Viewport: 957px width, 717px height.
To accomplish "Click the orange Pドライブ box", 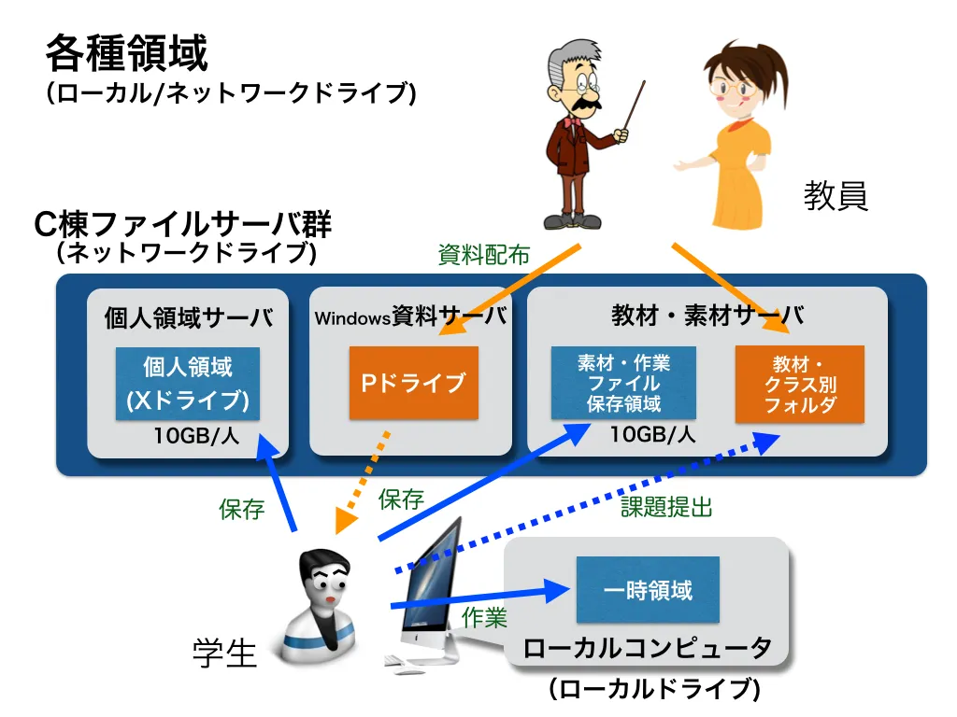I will point(413,383).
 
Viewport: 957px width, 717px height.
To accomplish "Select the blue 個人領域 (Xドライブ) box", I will point(188,384).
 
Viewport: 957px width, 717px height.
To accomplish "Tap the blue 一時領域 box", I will point(648,590).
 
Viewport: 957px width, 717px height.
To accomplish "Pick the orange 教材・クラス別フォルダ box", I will point(799,384).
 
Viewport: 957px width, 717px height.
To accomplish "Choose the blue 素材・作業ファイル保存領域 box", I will point(623,384).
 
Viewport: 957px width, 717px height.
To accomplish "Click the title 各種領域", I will point(127,53).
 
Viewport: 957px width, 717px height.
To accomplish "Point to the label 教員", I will point(836,196).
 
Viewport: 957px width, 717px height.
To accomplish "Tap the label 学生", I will point(224,653).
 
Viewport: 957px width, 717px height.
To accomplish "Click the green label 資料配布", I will point(484,254).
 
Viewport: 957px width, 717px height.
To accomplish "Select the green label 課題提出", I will point(667,507).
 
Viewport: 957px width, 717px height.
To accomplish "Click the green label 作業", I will point(484,617).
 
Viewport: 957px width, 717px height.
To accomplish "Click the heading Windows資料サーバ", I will point(411,317).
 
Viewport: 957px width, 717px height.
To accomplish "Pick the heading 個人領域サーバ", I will point(189,317).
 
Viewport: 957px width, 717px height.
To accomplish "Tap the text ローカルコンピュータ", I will point(648,648).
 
